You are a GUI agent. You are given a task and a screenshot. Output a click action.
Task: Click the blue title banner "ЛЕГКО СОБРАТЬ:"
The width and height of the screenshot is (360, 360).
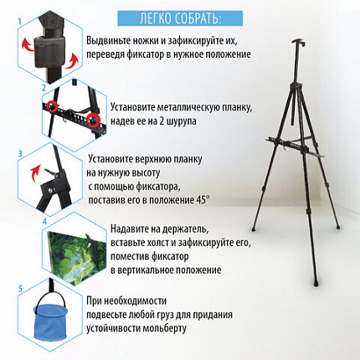180,18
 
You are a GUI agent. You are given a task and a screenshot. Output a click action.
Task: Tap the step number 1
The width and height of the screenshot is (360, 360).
20,22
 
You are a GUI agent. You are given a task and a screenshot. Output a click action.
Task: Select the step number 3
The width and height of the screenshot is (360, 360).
20,154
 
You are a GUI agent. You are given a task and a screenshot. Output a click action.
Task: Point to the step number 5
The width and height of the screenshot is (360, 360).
20,289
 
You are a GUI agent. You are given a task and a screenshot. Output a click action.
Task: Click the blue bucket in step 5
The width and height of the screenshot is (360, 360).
50,321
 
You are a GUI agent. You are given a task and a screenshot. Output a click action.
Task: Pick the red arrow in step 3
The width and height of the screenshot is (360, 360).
34,173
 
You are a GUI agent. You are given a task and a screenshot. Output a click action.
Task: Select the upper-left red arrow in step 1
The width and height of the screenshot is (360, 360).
28,45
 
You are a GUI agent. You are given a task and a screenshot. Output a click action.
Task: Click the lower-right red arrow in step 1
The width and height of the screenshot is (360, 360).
72,61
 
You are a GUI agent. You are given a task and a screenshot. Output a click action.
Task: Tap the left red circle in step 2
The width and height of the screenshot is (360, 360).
52,105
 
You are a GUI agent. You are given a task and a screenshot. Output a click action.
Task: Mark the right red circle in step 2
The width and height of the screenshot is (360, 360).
93,120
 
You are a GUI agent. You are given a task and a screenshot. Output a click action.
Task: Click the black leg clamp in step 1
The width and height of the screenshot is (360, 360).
49,52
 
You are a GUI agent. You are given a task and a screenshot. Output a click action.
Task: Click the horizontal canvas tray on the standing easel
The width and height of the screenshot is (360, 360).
295,146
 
